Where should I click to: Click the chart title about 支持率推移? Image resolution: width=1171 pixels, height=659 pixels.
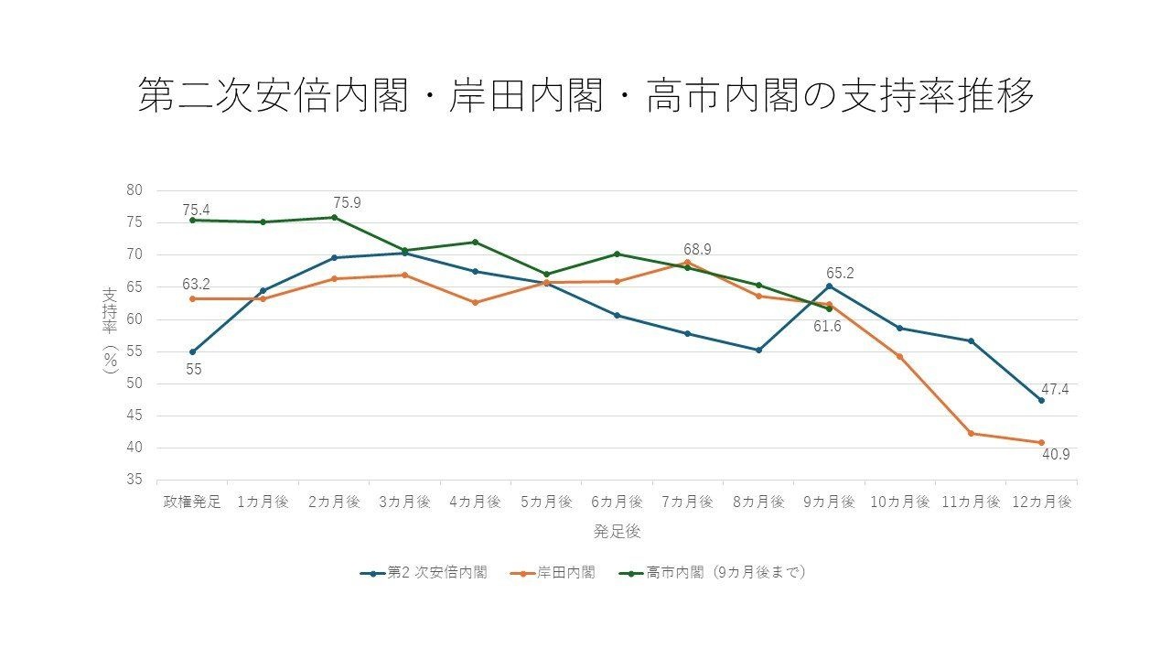tap(586, 96)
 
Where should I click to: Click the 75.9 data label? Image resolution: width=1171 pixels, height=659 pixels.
tap(347, 202)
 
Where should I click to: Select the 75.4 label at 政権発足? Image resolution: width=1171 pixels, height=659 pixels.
tap(196, 210)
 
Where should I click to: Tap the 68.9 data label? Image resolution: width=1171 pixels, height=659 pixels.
tap(697, 250)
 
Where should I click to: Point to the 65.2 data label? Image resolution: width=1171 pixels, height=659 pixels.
tap(840, 273)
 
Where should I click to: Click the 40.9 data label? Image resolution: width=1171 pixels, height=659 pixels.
tap(1056, 455)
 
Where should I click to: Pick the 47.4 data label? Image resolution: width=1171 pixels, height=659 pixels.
tap(1055, 389)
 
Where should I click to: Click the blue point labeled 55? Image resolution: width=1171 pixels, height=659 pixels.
tap(192, 352)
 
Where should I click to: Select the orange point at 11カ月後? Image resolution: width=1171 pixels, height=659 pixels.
tap(971, 434)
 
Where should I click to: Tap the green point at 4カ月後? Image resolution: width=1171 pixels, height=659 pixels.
tap(475, 243)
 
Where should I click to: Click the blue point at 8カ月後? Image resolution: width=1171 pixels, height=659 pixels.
tap(758, 351)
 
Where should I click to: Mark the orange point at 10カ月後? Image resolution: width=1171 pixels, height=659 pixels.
tap(899, 357)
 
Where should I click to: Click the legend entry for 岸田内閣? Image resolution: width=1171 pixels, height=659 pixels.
tap(553, 573)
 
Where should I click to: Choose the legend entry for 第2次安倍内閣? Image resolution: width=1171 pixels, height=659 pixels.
tap(424, 573)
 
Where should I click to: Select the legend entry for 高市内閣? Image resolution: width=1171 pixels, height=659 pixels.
tap(712, 573)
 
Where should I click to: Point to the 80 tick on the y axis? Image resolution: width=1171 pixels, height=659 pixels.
tap(134, 189)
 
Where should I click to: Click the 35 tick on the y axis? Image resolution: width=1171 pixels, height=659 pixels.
tap(134, 479)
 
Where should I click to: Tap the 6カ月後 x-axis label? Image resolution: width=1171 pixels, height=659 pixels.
tap(617, 502)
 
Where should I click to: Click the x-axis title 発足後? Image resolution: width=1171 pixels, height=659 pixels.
tap(617, 532)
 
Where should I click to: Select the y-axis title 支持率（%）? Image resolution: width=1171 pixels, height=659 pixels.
tap(110, 330)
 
